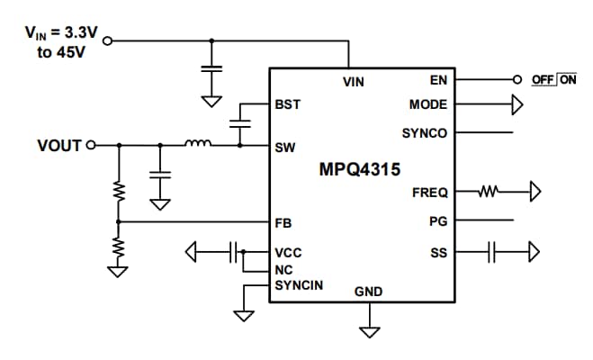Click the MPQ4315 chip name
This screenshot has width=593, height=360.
pyautogui.click(x=360, y=169)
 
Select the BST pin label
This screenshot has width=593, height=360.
pyautogui.click(x=288, y=104)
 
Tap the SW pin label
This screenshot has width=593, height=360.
pyautogui.click(x=285, y=147)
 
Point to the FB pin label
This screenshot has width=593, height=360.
pyautogui.click(x=284, y=221)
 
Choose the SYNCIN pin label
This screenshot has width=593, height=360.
pyautogui.click(x=299, y=285)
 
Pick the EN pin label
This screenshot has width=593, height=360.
pyautogui.click(x=439, y=80)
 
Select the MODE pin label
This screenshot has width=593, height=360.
pyautogui.click(x=428, y=104)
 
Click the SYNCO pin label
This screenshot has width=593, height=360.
pyautogui.click(x=425, y=133)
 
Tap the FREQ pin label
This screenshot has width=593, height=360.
pyautogui.click(x=429, y=192)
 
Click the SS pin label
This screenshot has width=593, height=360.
pyautogui.click(x=439, y=253)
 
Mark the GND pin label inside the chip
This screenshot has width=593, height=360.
pyautogui.click(x=368, y=292)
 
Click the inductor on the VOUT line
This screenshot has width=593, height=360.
pyautogui.click(x=197, y=143)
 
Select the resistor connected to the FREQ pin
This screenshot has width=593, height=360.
pyautogui.click(x=489, y=191)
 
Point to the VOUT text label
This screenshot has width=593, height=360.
pyautogui.click(x=58, y=145)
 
